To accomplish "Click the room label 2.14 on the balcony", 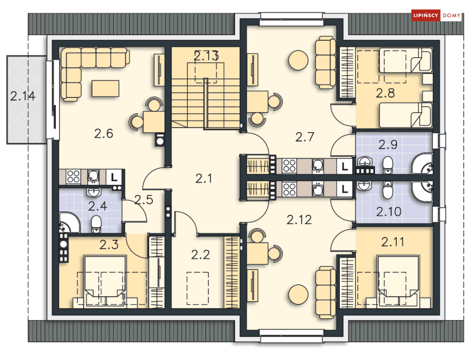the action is [23, 96].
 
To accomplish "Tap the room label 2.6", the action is [104, 134].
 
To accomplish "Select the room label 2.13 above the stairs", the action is [206, 56].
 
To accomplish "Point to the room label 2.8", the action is [385, 93].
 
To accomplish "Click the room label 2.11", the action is [392, 242].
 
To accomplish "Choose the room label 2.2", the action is [200, 255].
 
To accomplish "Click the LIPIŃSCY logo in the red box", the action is [426, 15].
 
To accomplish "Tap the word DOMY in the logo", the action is [452, 15].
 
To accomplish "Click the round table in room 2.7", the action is [298, 60].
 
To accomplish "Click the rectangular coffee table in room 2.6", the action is [106, 89].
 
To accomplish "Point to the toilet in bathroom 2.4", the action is [97, 224].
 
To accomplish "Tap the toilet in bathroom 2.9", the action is [388, 165].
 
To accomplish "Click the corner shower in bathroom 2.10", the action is [423, 191].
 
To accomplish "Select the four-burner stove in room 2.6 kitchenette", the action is [73, 177].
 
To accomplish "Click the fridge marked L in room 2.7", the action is [344, 166].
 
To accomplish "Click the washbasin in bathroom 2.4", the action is [94, 192].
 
